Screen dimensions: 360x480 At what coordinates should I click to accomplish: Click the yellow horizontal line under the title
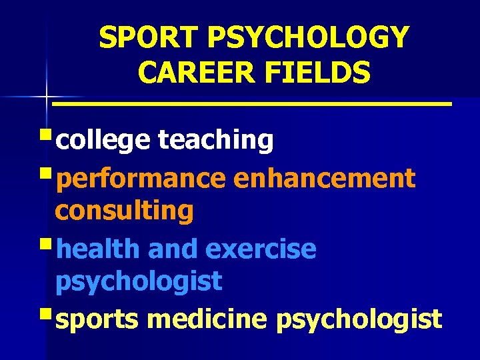[252, 104]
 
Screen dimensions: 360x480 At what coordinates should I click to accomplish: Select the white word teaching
[215, 140]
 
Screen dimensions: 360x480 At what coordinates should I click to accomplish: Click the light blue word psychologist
[138, 282]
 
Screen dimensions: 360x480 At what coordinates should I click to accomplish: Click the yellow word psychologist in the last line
[358, 319]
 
